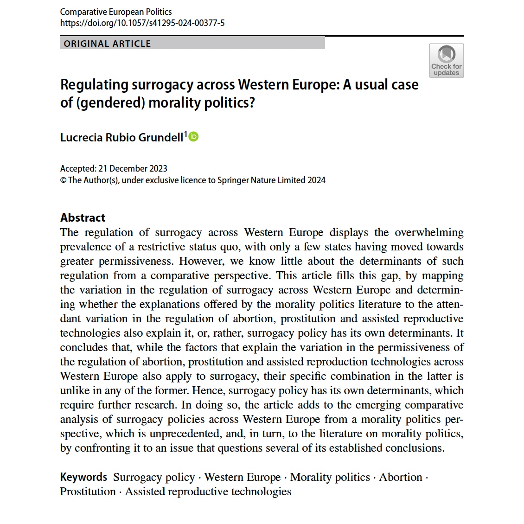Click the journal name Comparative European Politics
[116, 12]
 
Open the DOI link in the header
[142, 23]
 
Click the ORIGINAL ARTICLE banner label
[107, 44]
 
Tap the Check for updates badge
[446, 60]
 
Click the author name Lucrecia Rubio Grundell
[121, 137]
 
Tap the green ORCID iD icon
[193, 136]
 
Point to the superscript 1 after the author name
[186, 134]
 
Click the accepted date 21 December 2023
[133, 169]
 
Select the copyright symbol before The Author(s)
[64, 180]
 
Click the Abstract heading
[83, 217]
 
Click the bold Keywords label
[83, 477]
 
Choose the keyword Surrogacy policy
[154, 477]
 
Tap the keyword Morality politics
[330, 477]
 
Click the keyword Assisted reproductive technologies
[208, 492]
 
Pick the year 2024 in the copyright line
[316, 180]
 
